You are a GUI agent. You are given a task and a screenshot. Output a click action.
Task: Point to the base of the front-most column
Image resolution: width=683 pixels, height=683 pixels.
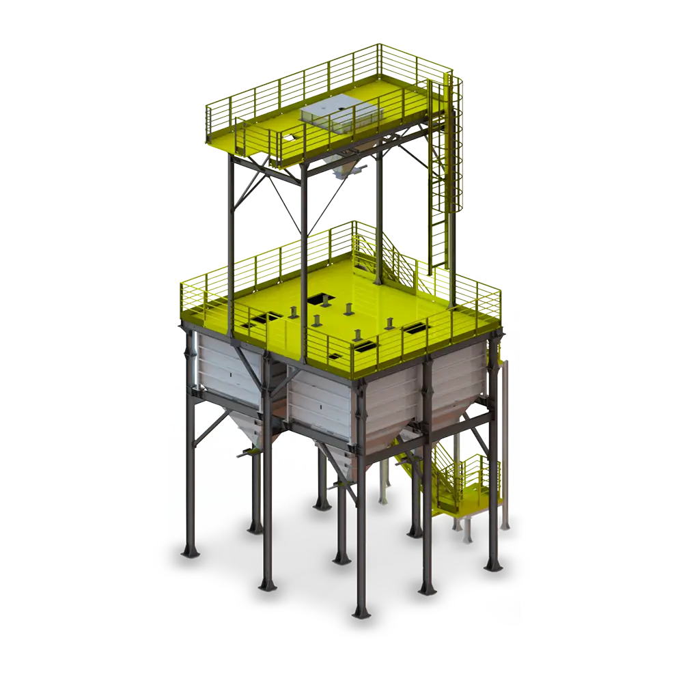click(x=361, y=608)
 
